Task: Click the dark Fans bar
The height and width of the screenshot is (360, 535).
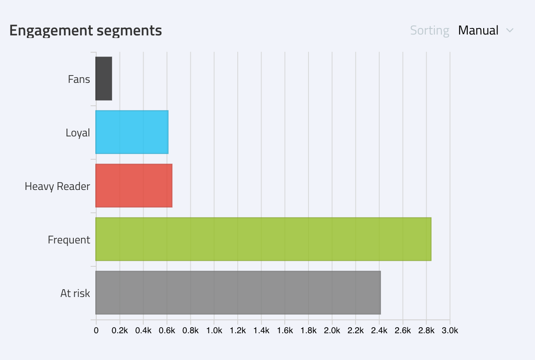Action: (104, 79)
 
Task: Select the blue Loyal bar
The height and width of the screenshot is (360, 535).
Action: (132, 132)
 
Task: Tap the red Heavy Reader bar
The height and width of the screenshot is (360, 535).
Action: (134, 186)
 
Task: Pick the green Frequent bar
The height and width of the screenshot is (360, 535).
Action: (263, 239)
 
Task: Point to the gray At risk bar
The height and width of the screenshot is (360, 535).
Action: (238, 293)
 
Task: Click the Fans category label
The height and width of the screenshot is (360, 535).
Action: (79, 79)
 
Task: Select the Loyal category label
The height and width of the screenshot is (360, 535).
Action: (78, 133)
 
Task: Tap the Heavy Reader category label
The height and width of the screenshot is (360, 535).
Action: (57, 186)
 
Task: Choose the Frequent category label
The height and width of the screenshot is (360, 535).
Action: (69, 240)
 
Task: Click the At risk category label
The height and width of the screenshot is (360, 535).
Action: (75, 293)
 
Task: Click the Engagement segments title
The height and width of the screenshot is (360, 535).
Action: (85, 31)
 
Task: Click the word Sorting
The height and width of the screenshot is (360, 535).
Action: (429, 31)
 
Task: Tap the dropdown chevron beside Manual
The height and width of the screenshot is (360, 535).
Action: (510, 31)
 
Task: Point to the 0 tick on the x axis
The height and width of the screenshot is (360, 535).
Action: (96, 331)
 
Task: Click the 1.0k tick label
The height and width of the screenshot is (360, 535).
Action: (214, 331)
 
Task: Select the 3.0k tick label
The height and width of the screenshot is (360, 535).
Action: (450, 331)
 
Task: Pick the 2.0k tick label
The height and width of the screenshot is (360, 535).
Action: (332, 331)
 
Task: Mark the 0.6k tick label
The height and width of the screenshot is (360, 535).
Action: (167, 331)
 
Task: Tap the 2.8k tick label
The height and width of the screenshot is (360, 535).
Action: (426, 331)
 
